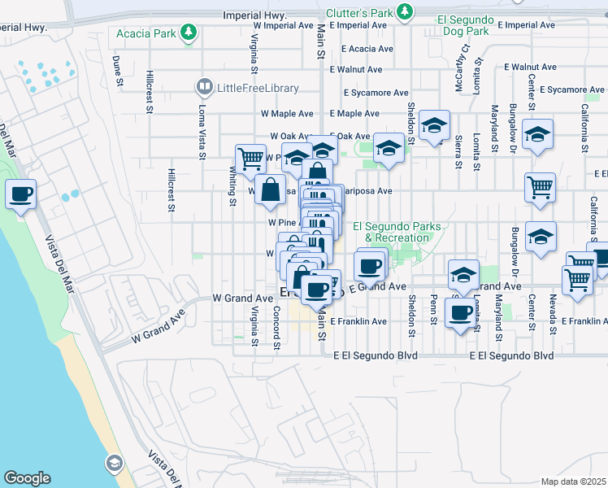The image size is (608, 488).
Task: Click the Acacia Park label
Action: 145,33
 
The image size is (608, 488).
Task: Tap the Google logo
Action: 27,477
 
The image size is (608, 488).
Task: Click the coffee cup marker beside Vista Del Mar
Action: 20,195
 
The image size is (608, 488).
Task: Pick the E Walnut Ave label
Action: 530,68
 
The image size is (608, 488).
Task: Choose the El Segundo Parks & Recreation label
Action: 397,232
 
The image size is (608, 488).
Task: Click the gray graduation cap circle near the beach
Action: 114,463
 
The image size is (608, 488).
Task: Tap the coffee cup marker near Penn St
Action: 460,313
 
